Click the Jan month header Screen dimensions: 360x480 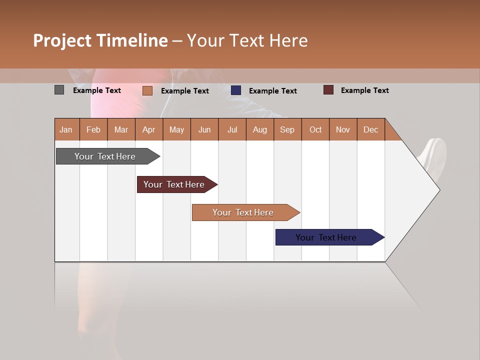[66, 129]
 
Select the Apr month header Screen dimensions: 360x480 [148, 129]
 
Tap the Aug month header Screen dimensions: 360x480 [259, 129]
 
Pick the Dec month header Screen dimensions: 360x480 [370, 129]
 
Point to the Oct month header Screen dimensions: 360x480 [315, 129]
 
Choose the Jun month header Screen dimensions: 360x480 [204, 129]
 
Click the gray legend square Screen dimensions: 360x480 [59, 90]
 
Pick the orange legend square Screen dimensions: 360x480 [147, 90]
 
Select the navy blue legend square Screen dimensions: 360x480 [236, 90]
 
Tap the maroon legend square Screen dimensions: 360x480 [328, 90]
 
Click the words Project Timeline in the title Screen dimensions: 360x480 [100, 40]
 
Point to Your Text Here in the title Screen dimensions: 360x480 [247, 40]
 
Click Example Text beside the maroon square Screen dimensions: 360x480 [364, 90]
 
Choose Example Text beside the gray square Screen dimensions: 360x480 [96, 90]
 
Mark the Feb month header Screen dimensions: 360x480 [93, 129]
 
